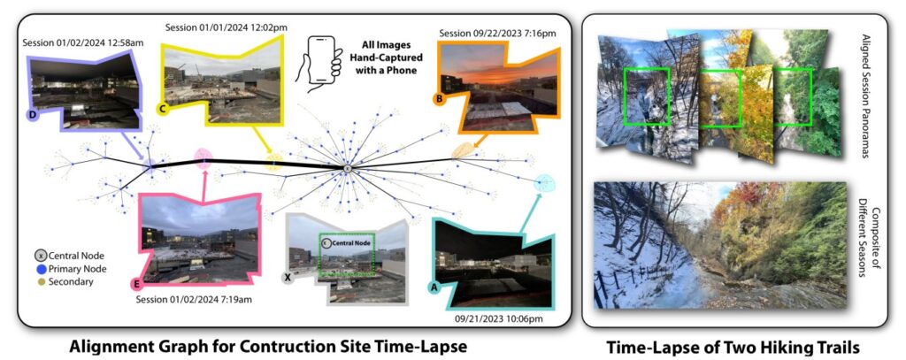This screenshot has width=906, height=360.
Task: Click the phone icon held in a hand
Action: [319, 64]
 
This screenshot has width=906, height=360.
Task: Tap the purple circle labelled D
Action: [33, 116]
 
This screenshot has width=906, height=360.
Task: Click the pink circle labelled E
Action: [137, 284]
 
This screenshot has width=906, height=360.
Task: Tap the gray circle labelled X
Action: [288, 278]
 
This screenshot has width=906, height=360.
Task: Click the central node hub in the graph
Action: [347, 168]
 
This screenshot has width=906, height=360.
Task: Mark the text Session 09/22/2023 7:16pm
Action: [497, 33]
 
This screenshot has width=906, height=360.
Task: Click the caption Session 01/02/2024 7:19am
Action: [193, 299]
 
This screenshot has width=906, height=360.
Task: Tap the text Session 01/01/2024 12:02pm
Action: [226, 27]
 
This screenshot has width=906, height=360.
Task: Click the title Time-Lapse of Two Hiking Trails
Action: [733, 347]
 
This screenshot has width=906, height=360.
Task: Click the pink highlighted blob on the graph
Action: [203, 158]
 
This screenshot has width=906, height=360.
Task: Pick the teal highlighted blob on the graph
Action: [544, 183]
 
